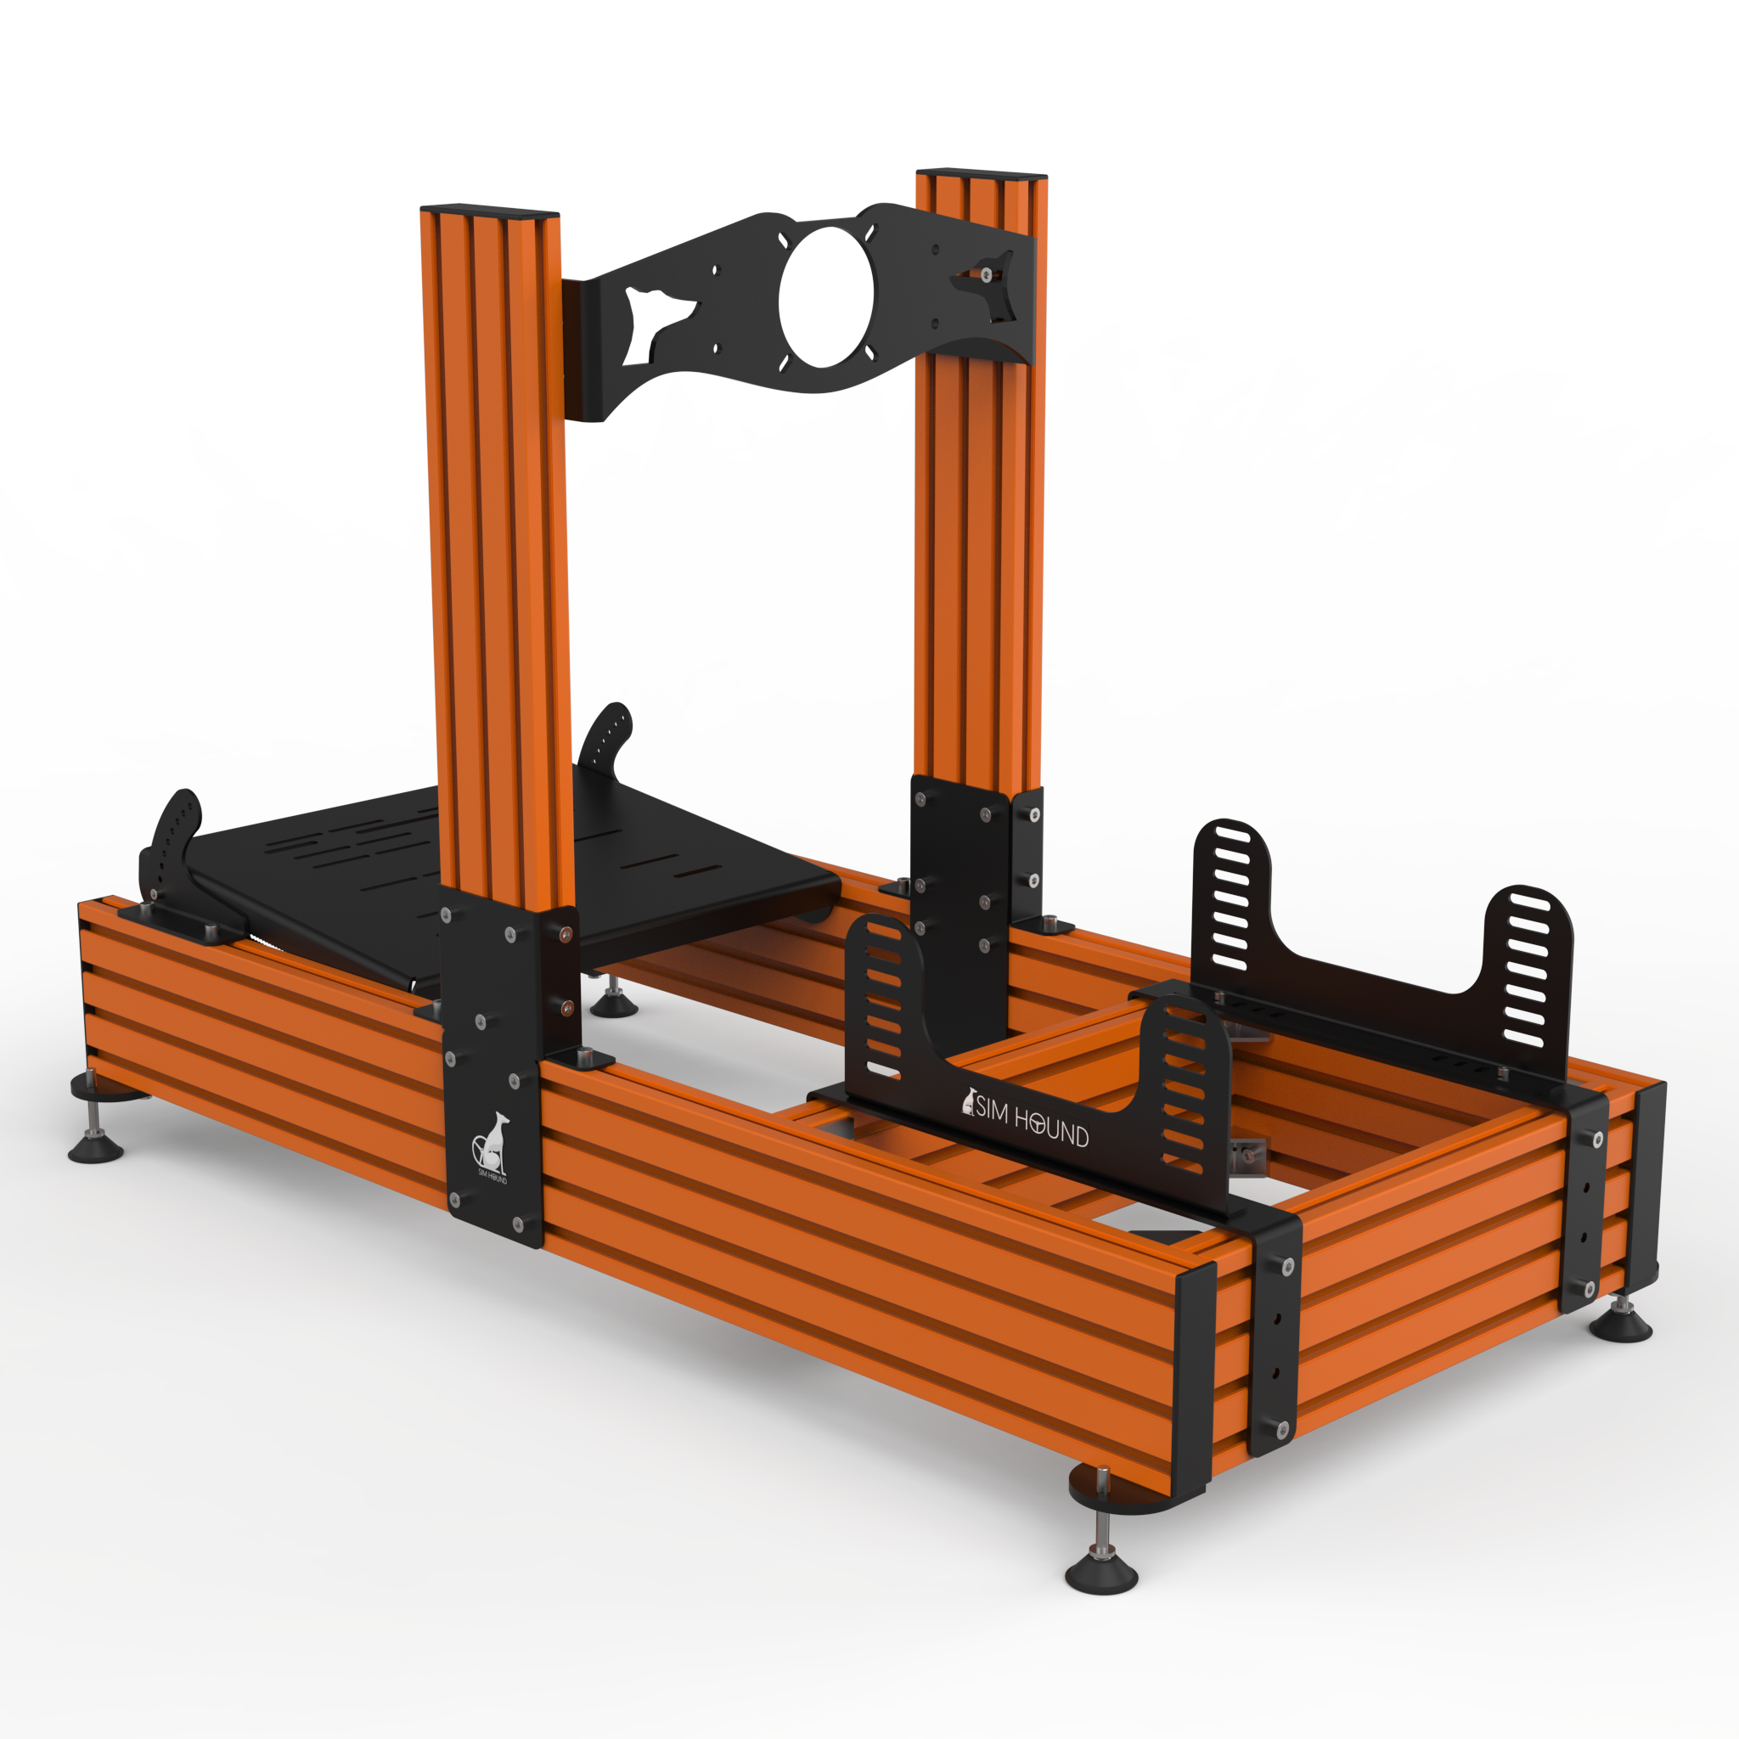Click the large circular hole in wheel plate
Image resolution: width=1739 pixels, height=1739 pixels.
(x=825, y=297)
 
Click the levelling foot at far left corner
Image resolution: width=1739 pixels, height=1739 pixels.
(x=95, y=1149)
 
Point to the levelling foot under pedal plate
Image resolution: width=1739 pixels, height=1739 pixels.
(x=614, y=1006)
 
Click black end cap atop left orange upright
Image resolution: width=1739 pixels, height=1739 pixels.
(x=490, y=212)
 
